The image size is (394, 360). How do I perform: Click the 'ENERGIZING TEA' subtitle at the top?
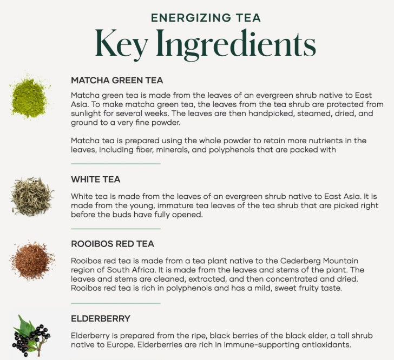coord(206,18)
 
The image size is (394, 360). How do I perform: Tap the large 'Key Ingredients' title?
coord(205,44)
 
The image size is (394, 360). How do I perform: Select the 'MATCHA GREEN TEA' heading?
coord(117,81)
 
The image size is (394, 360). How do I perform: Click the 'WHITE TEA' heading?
coord(95,179)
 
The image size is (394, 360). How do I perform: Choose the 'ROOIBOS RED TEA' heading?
coord(113,244)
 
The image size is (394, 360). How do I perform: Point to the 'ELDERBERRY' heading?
coord(101,318)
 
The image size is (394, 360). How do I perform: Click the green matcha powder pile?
coord(30,97)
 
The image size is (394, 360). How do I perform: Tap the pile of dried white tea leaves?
coord(31,196)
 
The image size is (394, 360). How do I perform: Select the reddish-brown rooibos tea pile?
coord(32,261)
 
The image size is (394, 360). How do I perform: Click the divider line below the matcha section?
coord(116,164)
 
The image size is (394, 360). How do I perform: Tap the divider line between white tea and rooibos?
coord(116,229)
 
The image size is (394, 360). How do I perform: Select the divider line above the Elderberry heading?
coord(116,303)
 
